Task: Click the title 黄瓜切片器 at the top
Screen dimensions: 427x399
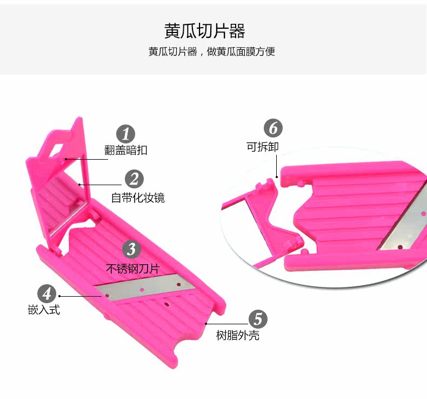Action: pos(205,30)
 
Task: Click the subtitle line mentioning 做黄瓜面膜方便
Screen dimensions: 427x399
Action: pos(212,52)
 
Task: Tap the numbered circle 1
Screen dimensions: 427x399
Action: pos(126,134)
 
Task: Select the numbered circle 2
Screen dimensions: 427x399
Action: pos(134,179)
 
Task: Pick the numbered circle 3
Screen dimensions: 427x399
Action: pos(131,250)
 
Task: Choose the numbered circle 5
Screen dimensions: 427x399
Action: pos(257,319)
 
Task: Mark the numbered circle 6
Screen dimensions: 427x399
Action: pos(273,129)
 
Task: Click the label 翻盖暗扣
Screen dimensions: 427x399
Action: pos(125,151)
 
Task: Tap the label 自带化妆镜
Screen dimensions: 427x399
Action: pos(138,198)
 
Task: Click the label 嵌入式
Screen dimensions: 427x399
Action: pos(44,310)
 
